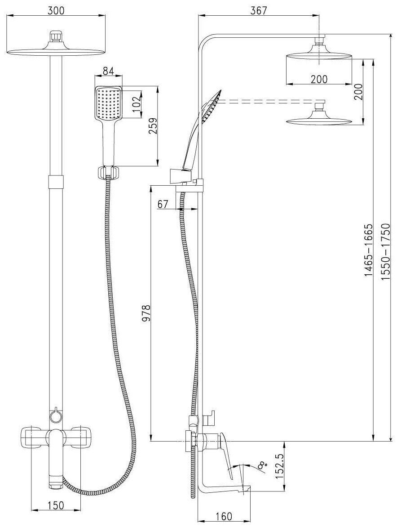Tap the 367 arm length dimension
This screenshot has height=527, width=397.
(258, 11)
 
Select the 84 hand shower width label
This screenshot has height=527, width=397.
(108, 71)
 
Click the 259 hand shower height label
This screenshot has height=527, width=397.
(152, 127)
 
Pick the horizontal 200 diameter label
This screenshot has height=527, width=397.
(318, 79)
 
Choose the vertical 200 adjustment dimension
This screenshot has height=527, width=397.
(358, 92)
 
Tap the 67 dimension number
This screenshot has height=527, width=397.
(163, 204)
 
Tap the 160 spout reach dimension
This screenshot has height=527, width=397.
(223, 517)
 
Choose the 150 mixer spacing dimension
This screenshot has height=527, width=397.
(55, 506)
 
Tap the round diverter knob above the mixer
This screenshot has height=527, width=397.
(56, 416)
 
